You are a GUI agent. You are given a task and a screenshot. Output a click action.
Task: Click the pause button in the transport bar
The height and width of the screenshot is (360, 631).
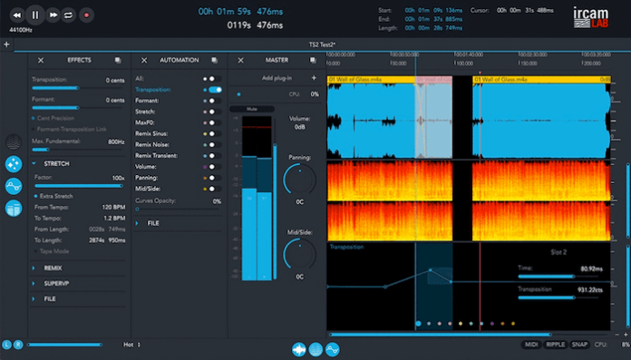point(34,15)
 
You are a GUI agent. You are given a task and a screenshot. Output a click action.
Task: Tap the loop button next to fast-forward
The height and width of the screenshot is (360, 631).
point(69,15)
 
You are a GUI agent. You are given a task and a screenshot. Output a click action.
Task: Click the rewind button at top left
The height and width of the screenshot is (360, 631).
point(16,15)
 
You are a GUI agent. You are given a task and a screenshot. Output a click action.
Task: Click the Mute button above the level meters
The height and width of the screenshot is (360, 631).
point(251,108)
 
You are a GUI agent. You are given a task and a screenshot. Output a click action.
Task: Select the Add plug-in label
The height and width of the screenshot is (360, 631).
point(278,78)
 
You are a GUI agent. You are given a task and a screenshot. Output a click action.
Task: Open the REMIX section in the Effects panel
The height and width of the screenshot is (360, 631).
point(53,268)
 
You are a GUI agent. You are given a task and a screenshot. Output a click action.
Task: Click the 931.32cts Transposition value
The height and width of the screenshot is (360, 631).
point(588,289)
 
